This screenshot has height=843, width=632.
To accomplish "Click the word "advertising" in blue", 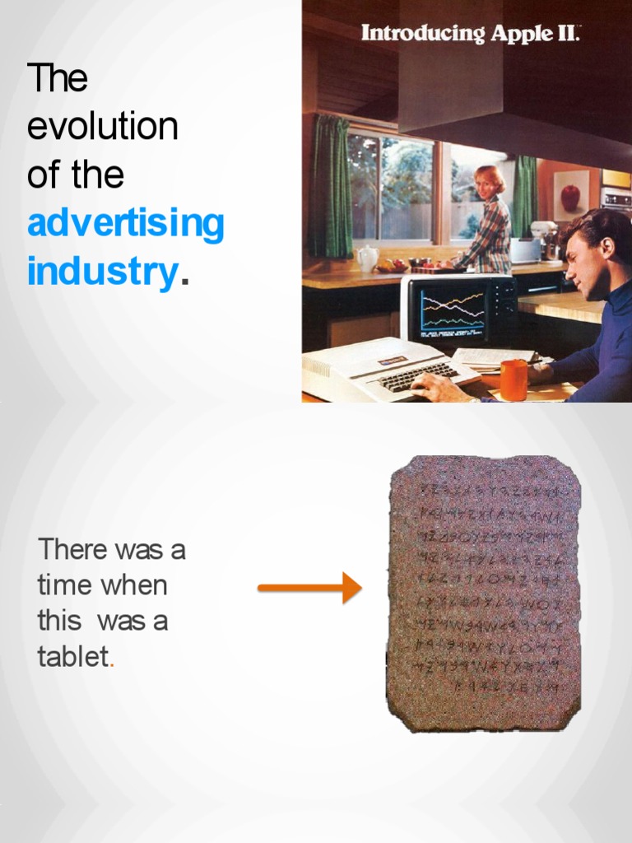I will [x=125, y=223].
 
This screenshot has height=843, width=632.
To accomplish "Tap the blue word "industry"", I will [x=102, y=272].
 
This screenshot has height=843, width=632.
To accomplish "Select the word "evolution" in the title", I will [x=103, y=127].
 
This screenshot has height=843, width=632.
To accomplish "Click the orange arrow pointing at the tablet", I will [x=309, y=588].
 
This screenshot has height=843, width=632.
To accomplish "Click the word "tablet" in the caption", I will [x=73, y=656].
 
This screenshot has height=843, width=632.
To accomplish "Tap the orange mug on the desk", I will [x=513, y=380].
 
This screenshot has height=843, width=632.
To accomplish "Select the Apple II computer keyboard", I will [x=411, y=375].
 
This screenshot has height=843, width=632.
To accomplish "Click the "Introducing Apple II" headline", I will [x=471, y=35].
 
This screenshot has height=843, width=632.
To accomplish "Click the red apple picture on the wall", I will [x=570, y=197].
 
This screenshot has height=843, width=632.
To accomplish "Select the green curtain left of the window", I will [x=331, y=185].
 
